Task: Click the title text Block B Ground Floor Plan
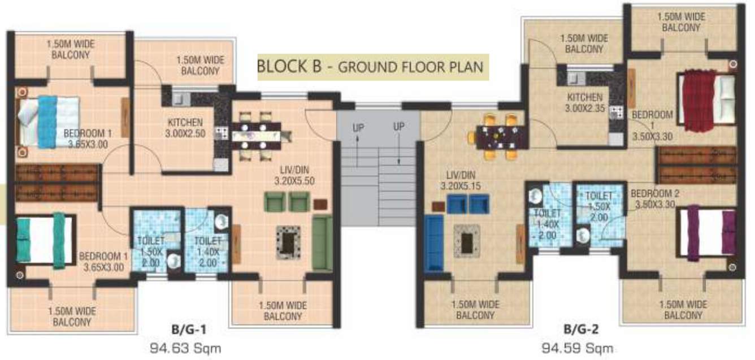pyautogui.click(x=370, y=67)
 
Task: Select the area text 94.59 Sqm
pyautogui.click(x=577, y=347)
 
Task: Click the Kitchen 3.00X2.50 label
pyautogui.click(x=185, y=128)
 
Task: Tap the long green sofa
pyautogui.click(x=322, y=242)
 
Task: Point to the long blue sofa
pyautogui.click(x=434, y=244)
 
